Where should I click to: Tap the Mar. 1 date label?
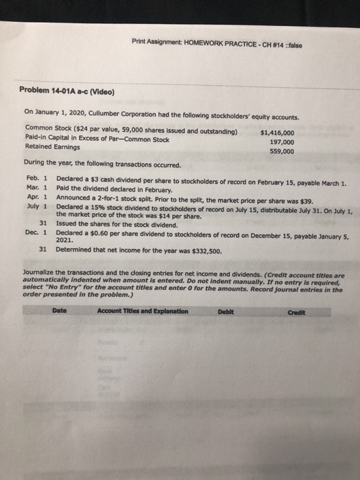33,190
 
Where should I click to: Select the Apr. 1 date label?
33,198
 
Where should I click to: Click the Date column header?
60,311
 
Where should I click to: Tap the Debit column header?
226,311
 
